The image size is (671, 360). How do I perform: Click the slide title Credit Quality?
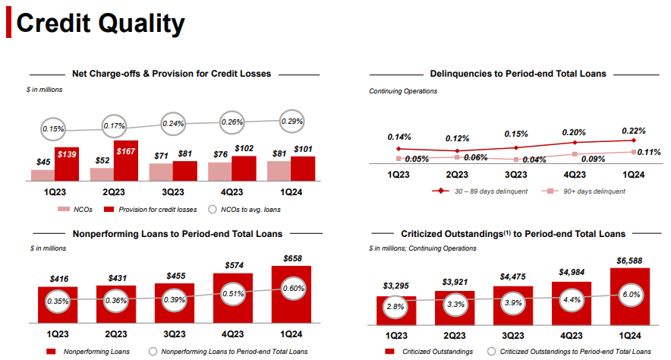(100, 24)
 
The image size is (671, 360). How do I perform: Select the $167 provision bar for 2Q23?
(126, 160)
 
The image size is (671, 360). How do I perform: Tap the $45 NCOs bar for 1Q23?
(43, 175)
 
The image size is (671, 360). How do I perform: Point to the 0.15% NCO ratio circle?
(52, 128)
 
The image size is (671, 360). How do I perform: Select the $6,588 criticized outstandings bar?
(628, 298)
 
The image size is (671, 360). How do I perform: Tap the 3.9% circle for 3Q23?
(513, 302)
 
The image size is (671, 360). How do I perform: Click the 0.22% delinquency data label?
(633, 130)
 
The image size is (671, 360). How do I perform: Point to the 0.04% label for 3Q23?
(534, 159)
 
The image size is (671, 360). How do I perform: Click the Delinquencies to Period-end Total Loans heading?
(518, 74)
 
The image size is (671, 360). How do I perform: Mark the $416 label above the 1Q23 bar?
(58, 279)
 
